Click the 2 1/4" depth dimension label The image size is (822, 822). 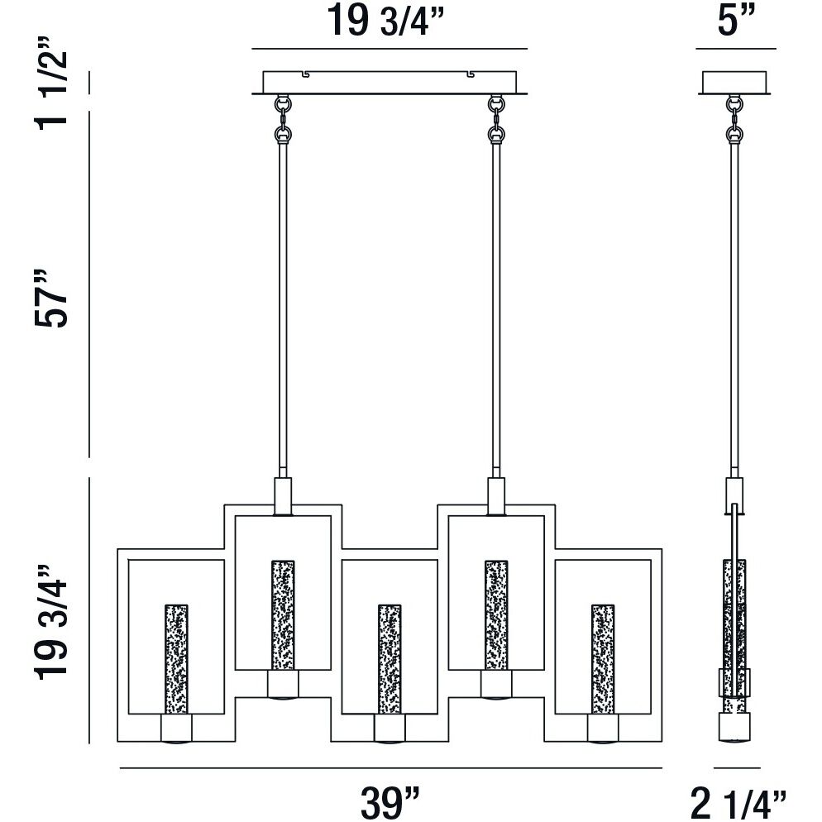pyautogui.click(x=736, y=800)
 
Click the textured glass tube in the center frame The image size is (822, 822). pyautogui.click(x=389, y=658)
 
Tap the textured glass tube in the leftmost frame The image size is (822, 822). pyautogui.click(x=176, y=658)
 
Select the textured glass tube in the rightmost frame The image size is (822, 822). pyautogui.click(x=603, y=658)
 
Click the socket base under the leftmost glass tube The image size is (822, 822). pyautogui.click(x=176, y=728)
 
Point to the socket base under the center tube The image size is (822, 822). pyautogui.click(x=389, y=728)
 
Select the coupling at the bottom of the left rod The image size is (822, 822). pyautogui.click(x=283, y=495)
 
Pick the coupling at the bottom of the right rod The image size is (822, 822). pyautogui.click(x=496, y=495)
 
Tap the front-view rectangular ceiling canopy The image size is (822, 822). pyautogui.click(x=389, y=83)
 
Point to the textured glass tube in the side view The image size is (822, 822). pyautogui.click(x=734, y=628)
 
